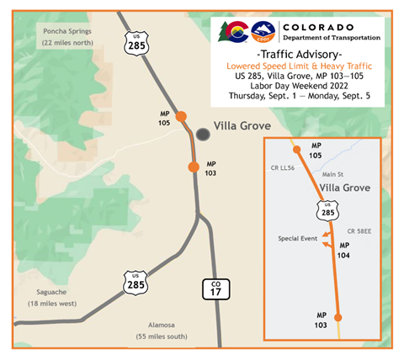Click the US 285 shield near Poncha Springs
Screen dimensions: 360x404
(x=137, y=43)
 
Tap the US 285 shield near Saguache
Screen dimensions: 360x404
(x=136, y=283)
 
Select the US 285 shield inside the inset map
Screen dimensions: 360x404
(x=327, y=210)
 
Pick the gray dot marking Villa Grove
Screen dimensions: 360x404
(x=202, y=134)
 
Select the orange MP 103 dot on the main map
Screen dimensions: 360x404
(x=194, y=167)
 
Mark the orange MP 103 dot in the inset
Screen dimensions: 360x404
(x=338, y=317)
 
